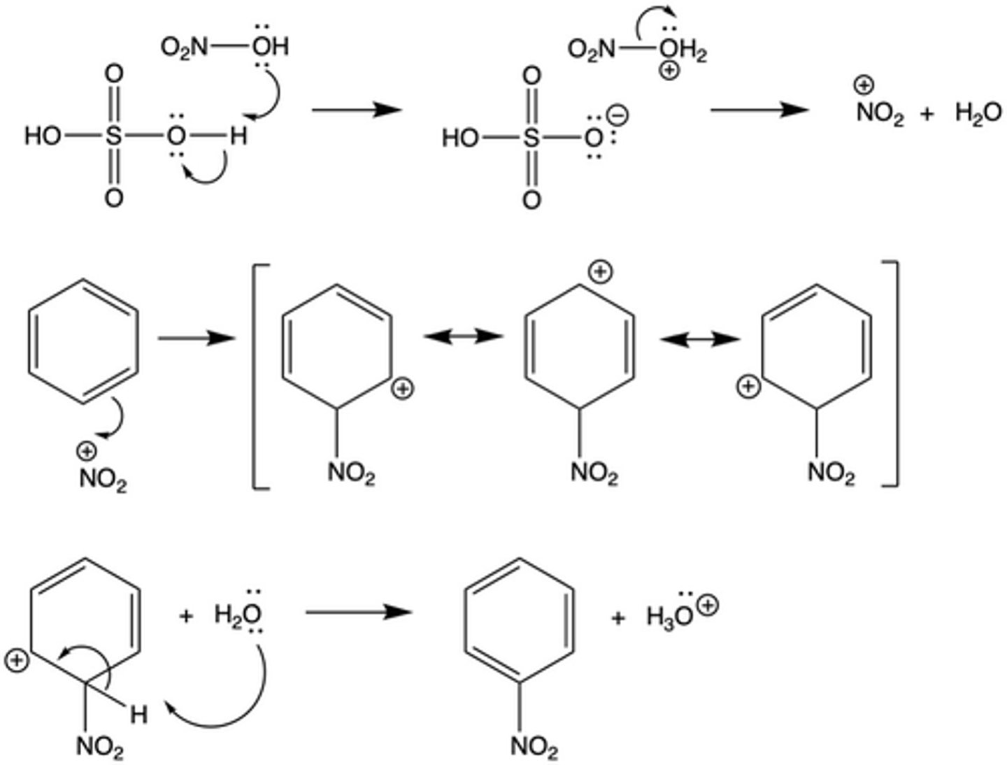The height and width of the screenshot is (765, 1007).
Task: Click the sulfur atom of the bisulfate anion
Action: pyautogui.click(x=531, y=138)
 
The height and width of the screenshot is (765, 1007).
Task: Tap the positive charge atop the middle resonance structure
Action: pyautogui.click(x=600, y=272)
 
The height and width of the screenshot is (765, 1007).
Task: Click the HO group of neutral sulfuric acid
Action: pyautogui.click(x=43, y=136)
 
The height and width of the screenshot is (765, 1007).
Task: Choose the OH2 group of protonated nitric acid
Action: pyautogui.click(x=685, y=50)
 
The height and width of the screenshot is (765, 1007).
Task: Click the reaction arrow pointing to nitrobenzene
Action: pyautogui.click(x=358, y=612)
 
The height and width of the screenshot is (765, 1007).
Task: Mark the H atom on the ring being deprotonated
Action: pyautogui.click(x=139, y=715)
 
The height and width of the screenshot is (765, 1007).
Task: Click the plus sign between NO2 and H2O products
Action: pyautogui.click(x=927, y=114)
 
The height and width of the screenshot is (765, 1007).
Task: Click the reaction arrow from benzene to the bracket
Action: pyautogui.click(x=195, y=339)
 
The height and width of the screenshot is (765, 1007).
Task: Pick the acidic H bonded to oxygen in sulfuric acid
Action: pyautogui.click(x=238, y=136)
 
